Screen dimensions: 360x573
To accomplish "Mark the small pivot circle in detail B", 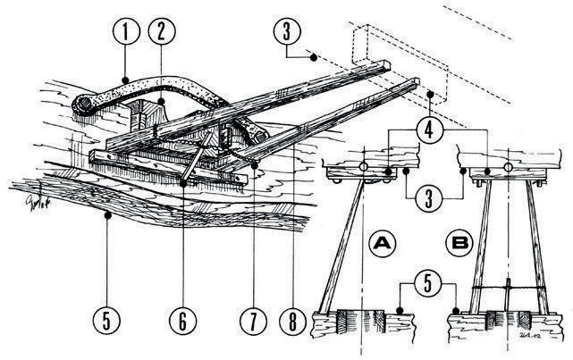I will [x=508, y=167].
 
